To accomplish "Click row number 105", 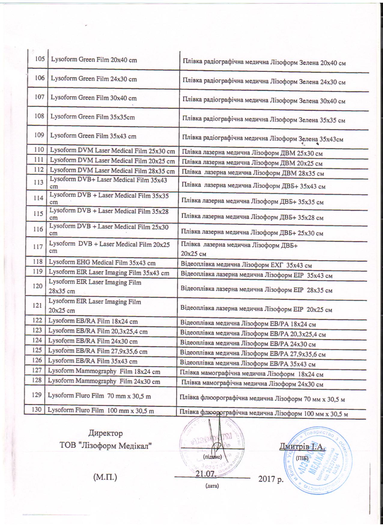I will [40, 59].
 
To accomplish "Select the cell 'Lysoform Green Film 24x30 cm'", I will [94, 79].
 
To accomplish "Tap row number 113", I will [38, 182].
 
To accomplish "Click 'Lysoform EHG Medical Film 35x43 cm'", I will [102, 263].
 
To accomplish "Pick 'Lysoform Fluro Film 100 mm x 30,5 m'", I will [101, 410].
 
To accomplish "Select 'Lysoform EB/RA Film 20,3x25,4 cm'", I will [98, 331].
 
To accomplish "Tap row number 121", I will [38, 305].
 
